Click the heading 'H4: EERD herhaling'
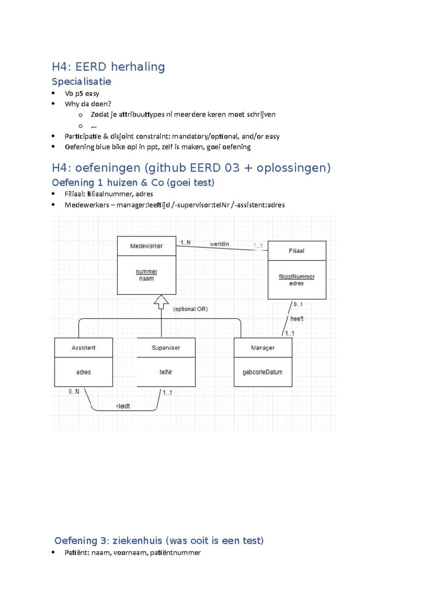pyautogui.click(x=108, y=67)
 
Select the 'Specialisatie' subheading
pyautogui.click(x=81, y=81)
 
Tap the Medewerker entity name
pyautogui.click(x=146, y=246)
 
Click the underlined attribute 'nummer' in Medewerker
pyautogui.click(x=146, y=271)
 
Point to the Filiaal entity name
pyautogui.click(x=296, y=251)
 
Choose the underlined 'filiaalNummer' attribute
pyautogui.click(x=296, y=276)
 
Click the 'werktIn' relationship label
pyautogui.click(x=219, y=244)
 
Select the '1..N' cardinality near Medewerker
pyautogui.click(x=185, y=243)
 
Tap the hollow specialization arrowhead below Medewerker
pyautogui.click(x=161, y=301)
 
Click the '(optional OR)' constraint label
pyautogui.click(x=190, y=309)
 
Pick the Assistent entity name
pyautogui.click(x=84, y=348)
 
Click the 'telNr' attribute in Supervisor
pyautogui.click(x=166, y=372)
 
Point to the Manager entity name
pyautogui.click(x=263, y=348)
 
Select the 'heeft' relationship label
pyautogui.click(x=297, y=319)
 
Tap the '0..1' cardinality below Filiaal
pyautogui.click(x=298, y=304)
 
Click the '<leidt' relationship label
pyautogui.click(x=123, y=406)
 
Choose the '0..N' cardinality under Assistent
pyautogui.click(x=74, y=391)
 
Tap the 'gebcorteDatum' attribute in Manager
pyautogui.click(x=262, y=372)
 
